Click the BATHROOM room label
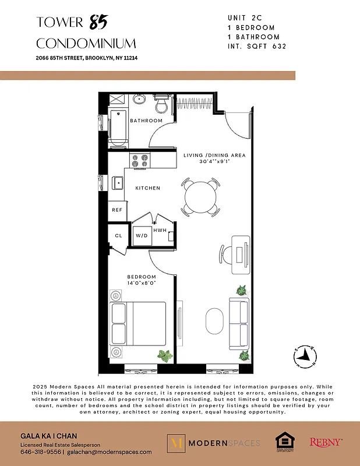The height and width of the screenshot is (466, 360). [x=146, y=121]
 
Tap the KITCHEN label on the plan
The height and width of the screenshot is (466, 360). [x=147, y=188]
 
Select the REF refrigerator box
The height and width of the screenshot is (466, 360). [x=117, y=210]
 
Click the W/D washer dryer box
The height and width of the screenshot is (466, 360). [x=141, y=236]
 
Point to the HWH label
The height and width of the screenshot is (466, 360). [x=160, y=231]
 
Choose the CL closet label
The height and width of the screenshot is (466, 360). [x=118, y=236]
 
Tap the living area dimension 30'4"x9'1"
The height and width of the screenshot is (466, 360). [x=214, y=162]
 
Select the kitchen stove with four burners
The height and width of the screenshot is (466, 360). [x=140, y=160]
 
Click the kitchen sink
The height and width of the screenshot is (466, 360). [x=118, y=183]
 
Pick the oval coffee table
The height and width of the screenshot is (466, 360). [x=215, y=321]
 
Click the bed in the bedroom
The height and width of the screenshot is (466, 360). [x=138, y=324]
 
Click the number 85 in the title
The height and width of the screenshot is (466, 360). [x=98, y=23]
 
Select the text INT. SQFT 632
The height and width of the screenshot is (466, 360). [x=257, y=46]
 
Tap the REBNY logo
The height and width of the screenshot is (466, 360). [x=326, y=443]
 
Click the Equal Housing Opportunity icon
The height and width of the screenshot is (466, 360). [x=284, y=443]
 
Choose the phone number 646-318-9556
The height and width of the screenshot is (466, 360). [x=41, y=451]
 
